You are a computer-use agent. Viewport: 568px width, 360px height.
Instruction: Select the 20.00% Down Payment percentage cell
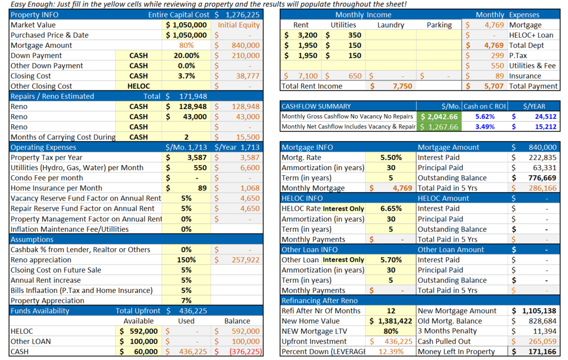point(186,55)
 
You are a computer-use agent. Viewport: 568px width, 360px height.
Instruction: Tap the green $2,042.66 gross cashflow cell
point(439,116)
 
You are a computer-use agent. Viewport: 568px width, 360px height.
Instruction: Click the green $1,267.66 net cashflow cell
point(439,127)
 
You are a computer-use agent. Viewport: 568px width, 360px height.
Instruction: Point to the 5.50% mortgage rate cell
point(391,158)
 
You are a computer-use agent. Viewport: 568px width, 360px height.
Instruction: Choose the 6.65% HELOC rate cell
point(391,209)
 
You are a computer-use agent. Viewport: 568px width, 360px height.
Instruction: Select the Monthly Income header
point(362,15)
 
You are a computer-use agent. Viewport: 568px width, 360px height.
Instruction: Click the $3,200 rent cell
point(300,35)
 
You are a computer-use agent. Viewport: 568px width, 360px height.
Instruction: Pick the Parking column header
point(439,25)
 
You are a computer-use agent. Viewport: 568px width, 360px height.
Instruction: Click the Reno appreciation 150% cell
point(186,260)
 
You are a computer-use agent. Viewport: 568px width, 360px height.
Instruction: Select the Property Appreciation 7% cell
point(186,301)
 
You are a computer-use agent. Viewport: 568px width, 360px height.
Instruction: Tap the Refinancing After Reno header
point(319,301)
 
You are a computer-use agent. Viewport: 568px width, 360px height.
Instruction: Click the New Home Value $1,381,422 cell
point(391,321)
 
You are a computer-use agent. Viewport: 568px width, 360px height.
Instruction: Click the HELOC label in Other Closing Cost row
point(138,86)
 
